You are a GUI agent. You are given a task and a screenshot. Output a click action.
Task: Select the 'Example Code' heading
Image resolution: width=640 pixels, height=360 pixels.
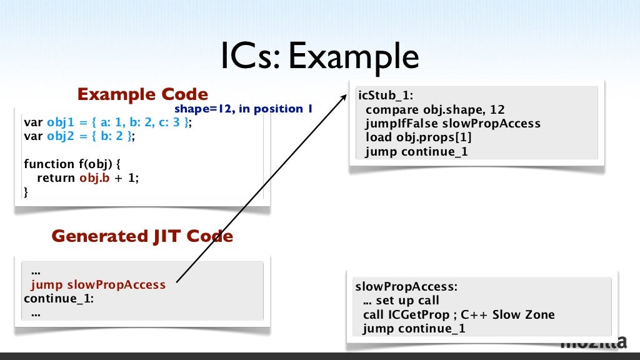142,94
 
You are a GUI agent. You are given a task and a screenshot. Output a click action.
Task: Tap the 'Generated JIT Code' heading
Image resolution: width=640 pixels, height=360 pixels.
142,236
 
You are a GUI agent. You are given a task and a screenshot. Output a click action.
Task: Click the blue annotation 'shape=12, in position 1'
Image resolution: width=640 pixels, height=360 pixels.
243,109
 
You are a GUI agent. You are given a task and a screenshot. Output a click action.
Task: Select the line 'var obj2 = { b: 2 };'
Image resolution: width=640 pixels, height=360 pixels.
79,136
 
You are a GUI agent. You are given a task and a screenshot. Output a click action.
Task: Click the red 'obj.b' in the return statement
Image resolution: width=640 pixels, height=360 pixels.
92,178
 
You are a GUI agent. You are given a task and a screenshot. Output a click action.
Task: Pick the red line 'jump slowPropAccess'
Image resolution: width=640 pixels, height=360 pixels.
98,285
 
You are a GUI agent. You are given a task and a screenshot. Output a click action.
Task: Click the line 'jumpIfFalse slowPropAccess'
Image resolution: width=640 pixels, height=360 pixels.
452,124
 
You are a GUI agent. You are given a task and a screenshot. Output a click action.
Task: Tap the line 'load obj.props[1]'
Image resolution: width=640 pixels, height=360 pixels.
418,137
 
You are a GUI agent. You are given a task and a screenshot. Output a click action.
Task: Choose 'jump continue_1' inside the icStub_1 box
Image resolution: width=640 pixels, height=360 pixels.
416,151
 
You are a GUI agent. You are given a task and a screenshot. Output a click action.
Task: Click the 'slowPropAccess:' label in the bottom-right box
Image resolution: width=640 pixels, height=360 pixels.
406,287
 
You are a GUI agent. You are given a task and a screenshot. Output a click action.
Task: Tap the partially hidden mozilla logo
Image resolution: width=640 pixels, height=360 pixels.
593,343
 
